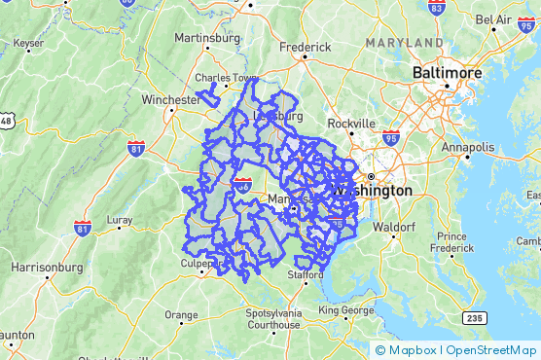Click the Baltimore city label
448,73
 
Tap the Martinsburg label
206,38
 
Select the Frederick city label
306,46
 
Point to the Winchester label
143,98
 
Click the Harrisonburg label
45,266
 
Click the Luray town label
119,220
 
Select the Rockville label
350,124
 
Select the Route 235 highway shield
474,317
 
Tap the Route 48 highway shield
7,121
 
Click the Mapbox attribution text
411,350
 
